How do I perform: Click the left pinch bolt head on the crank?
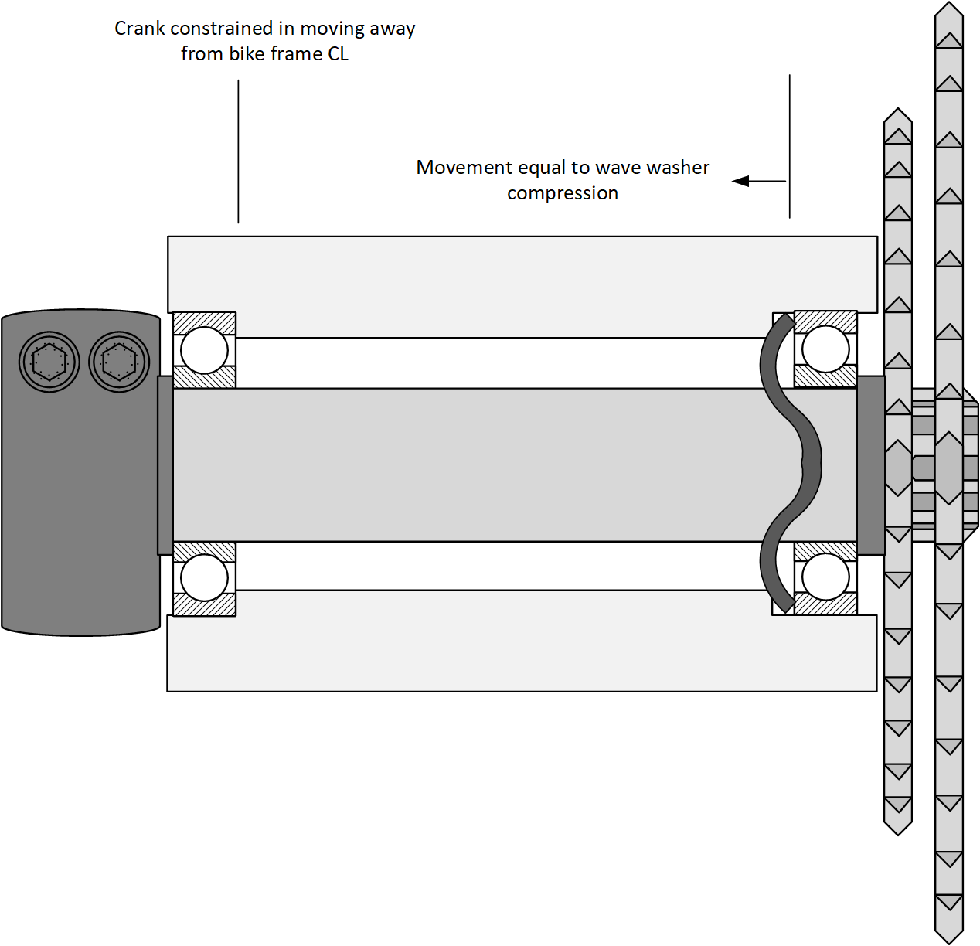(49, 361)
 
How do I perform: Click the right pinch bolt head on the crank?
(119, 361)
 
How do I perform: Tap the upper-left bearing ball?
(204, 349)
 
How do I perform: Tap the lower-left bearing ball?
(204, 578)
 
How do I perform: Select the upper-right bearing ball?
(825, 349)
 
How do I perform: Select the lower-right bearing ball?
(825, 577)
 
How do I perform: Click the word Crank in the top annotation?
(139, 29)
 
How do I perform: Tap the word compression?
(562, 193)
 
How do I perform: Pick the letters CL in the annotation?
(338, 54)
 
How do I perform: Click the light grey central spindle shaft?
(464, 464)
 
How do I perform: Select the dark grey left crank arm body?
(77, 502)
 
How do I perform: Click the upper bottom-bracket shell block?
(522, 274)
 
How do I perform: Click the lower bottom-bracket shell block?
(522, 653)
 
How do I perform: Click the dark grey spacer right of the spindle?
(871, 464)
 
